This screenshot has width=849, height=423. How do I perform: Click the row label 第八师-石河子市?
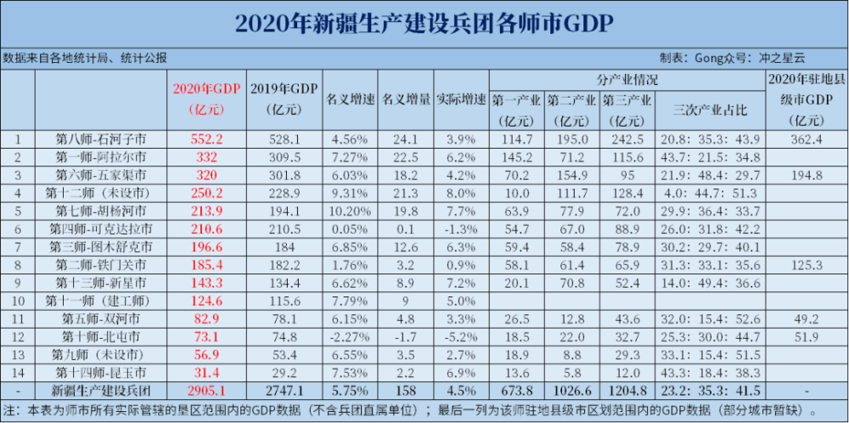tap(101, 139)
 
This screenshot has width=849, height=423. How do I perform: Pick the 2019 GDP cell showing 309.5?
tap(284, 157)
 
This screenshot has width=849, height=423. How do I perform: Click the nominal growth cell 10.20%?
tap(350, 211)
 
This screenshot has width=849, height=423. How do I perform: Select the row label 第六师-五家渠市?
tap(101, 175)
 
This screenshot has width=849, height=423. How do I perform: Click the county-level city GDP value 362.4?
tap(806, 139)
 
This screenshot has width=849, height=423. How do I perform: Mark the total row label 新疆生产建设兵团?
tap(101, 390)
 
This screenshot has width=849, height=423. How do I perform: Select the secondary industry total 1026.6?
tap(572, 390)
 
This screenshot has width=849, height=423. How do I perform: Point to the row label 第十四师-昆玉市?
tap(101, 372)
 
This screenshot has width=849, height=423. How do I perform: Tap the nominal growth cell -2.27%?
tap(350, 336)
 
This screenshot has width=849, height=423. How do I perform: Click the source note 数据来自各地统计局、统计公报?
tap(85, 59)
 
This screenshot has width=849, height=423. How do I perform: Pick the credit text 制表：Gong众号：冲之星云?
tap(731, 59)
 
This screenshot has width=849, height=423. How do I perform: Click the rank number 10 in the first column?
tap(18, 301)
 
